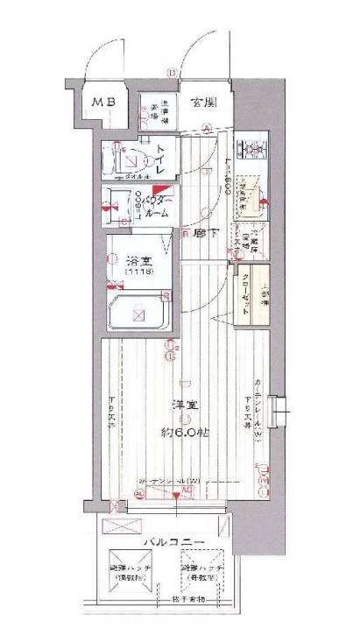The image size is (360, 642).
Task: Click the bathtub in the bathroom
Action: point(136,313)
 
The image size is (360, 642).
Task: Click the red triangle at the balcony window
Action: point(178,497)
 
